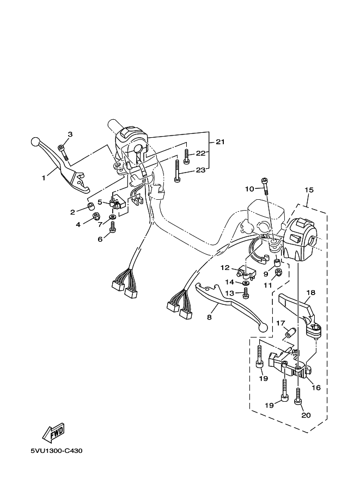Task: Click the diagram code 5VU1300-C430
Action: (57, 451)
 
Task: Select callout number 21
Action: (220, 142)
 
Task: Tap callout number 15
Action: (309, 190)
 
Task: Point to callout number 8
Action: (209, 317)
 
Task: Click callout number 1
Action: (44, 178)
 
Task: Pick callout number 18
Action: (311, 292)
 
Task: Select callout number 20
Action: (307, 415)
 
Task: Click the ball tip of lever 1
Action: (35, 142)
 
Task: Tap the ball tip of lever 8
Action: (263, 328)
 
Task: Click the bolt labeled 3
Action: (64, 152)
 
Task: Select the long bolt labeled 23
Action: (176, 170)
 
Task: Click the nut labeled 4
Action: (96, 217)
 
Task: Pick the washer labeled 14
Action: (245, 282)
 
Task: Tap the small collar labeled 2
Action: (90, 207)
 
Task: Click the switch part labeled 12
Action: (247, 273)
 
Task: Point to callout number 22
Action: (201, 153)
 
